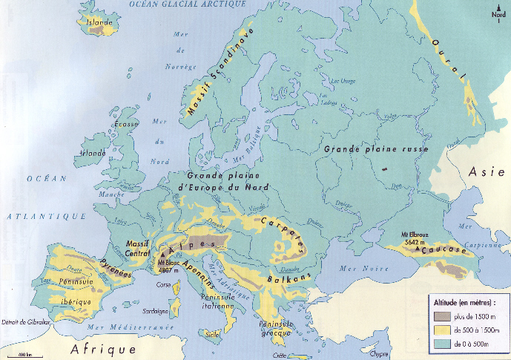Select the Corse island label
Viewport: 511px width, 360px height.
[163, 284]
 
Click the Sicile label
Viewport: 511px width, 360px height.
[213, 335]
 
